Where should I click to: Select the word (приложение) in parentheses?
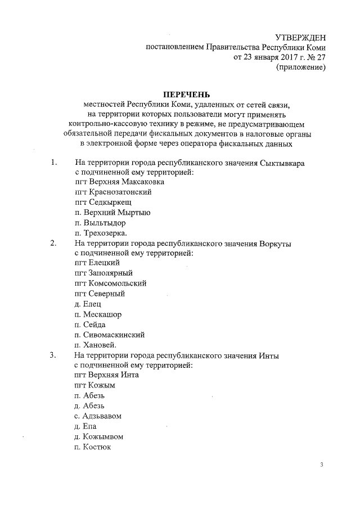click(x=299, y=68)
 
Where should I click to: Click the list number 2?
click(x=53, y=243)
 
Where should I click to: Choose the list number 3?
click(x=53, y=355)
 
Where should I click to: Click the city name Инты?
click(x=269, y=355)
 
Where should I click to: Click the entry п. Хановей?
click(x=96, y=345)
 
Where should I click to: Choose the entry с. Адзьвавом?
click(x=98, y=416)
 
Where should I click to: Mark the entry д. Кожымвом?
click(x=98, y=436)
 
